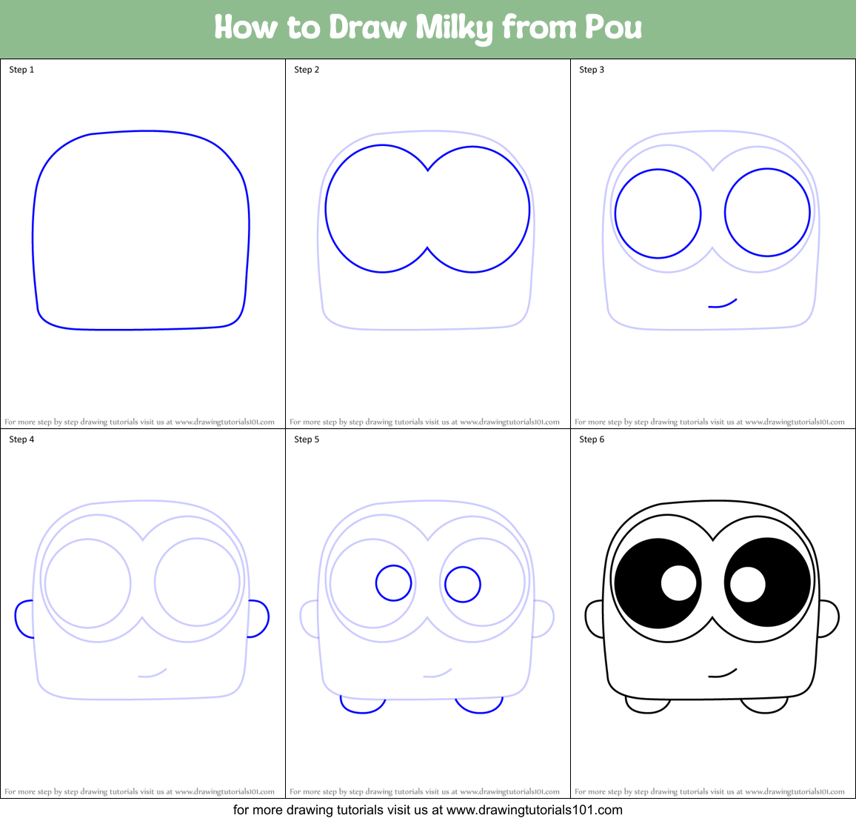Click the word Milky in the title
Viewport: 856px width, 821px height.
[453, 28]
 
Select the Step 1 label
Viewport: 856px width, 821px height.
[21, 70]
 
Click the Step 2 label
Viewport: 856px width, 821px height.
[307, 70]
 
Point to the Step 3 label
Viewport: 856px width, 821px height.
[592, 70]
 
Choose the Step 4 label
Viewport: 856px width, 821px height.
[21, 439]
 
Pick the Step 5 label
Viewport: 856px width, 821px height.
[307, 439]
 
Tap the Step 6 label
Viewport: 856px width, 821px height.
[592, 439]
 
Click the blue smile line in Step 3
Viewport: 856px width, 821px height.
[723, 304]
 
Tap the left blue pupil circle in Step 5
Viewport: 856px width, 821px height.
[393, 583]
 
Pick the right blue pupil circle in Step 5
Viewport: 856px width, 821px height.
[463, 584]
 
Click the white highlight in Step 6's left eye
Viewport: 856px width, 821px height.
[678, 583]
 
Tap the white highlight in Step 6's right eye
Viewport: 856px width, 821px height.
[748, 584]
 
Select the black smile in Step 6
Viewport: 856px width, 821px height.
[723, 674]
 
